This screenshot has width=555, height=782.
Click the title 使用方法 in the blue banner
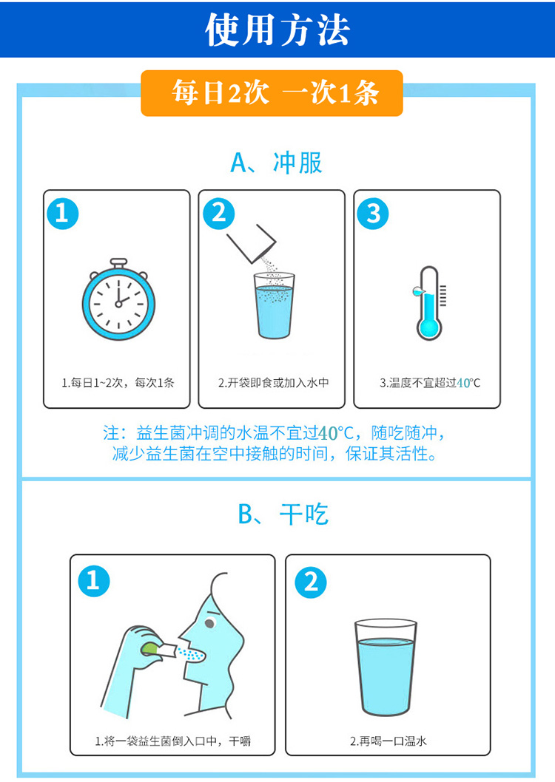tap(277, 30)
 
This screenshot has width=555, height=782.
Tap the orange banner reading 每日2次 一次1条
tap(272, 93)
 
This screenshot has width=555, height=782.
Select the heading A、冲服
tap(277, 163)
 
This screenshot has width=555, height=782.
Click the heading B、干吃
tap(283, 514)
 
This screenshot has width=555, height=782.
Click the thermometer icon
tap(429, 303)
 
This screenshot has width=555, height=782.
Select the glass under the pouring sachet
tap(274, 306)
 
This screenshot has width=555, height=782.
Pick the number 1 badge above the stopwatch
tap(63, 214)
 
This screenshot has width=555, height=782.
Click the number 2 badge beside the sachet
tap(218, 214)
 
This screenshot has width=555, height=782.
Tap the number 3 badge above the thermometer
tap(373, 214)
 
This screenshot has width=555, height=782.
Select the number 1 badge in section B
tap(93, 581)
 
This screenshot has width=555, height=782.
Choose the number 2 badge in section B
tap(311, 582)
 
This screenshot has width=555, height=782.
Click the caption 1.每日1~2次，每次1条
tap(118, 383)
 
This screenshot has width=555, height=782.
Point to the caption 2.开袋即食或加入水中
tap(274, 383)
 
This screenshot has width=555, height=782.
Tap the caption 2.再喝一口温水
tap(388, 741)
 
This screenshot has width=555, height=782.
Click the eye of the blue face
tap(210, 623)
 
